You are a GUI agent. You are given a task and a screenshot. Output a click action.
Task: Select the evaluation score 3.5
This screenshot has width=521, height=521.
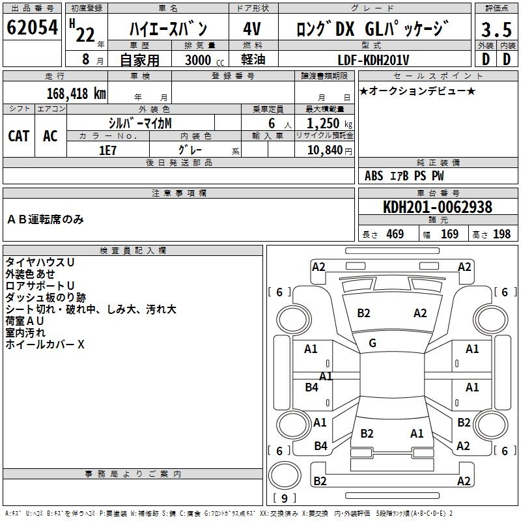[x=496, y=30]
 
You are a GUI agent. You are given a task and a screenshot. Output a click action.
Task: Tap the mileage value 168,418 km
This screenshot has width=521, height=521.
[x=76, y=93]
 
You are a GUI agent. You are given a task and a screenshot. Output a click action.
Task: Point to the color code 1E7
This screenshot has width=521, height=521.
[x=107, y=149]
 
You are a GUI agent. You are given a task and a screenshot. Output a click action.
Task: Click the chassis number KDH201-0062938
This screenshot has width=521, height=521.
[x=438, y=208]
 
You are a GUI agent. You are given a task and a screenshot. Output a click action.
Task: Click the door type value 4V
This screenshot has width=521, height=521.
[x=253, y=29]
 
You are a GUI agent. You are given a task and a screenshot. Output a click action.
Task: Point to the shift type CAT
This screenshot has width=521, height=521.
[x=19, y=135]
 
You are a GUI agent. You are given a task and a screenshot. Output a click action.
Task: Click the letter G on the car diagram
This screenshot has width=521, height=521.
[x=373, y=343]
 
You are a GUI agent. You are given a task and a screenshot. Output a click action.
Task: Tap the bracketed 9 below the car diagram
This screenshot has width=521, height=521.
[x=284, y=499]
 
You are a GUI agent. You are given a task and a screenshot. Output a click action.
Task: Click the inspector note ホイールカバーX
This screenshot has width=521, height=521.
[x=45, y=345]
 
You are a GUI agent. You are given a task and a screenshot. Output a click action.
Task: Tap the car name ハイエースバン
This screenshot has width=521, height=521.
[x=167, y=29]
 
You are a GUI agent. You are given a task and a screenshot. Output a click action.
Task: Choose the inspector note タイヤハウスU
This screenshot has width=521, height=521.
[x=40, y=262]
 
